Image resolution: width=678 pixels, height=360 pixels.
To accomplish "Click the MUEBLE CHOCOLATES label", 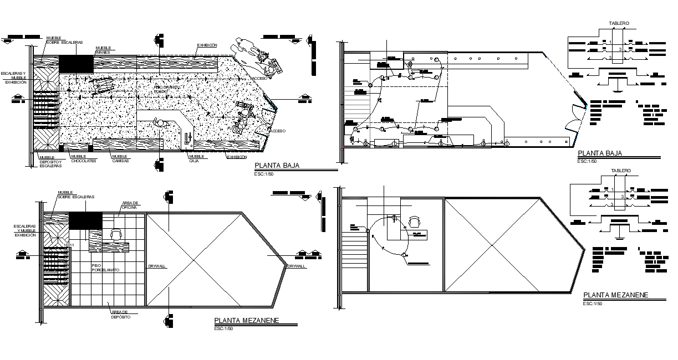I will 83,158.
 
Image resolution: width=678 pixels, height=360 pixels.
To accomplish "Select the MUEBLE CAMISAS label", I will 120,158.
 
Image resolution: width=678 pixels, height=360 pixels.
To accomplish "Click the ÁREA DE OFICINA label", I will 129,205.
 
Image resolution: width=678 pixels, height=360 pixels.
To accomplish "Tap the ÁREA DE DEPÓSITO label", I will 120,315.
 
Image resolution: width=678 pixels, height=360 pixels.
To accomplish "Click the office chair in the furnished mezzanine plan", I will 116,234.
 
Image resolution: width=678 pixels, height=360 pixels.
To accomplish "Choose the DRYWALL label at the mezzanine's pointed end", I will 296,266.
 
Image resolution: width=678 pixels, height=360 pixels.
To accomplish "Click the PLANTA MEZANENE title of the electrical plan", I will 615,295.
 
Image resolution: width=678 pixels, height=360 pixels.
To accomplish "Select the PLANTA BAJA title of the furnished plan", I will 277,166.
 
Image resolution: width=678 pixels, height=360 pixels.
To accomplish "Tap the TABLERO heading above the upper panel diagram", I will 619,24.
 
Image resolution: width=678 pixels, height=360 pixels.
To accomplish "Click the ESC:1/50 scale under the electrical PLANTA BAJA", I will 587,161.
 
